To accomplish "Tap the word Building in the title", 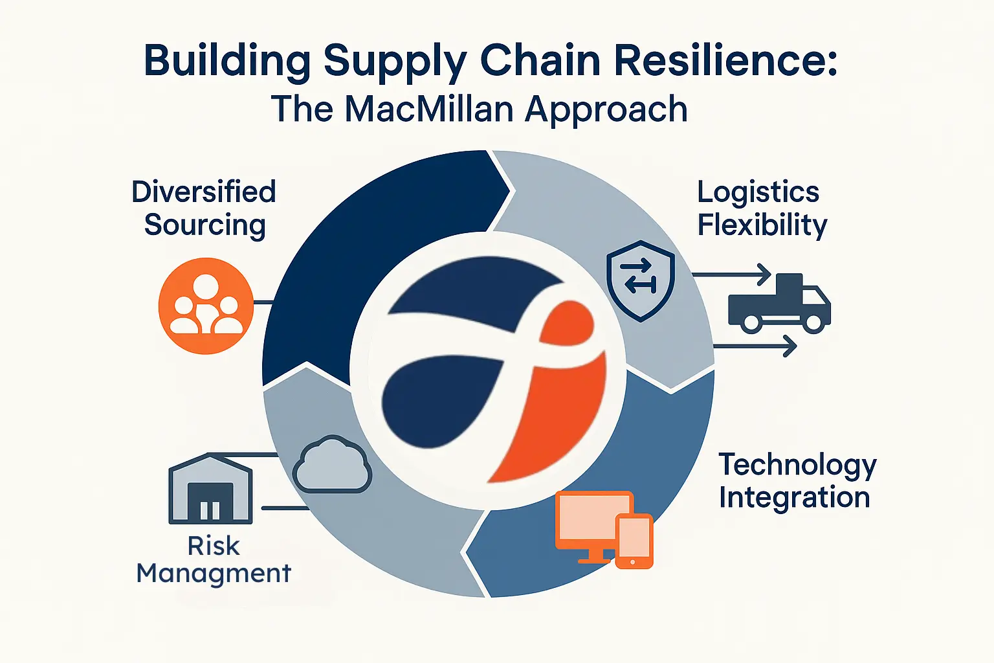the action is (x=226, y=62).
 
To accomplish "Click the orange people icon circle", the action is (x=206, y=306).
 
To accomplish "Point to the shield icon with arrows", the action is (x=640, y=280).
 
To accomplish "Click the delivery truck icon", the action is (x=780, y=303).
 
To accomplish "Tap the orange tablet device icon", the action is (x=634, y=541).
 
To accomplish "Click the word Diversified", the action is (x=204, y=192).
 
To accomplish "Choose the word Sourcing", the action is (x=205, y=225).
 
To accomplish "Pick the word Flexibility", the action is (x=762, y=225).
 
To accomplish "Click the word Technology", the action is (x=797, y=466).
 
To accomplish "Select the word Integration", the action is (x=794, y=498).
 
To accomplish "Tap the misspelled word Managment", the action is (x=214, y=574).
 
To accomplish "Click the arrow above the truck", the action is (x=732, y=275).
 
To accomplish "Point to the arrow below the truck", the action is (x=755, y=346).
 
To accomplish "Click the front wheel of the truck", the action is (x=813, y=322).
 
